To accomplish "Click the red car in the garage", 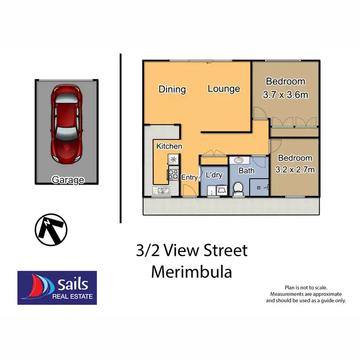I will (66, 124).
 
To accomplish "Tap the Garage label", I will (68, 180).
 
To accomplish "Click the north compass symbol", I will (50, 230).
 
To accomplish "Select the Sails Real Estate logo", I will (57, 288).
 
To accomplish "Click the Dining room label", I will (172, 89).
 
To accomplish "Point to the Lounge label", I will (224, 89).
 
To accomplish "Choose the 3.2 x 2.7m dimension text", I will (295, 169).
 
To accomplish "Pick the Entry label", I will (189, 177).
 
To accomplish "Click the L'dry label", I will (214, 175).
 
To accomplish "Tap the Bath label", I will (246, 170).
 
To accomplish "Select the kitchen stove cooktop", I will (172, 175).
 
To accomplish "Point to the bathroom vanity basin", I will (239, 161).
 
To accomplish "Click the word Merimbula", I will (192, 272).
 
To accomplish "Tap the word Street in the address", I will (224, 251).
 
